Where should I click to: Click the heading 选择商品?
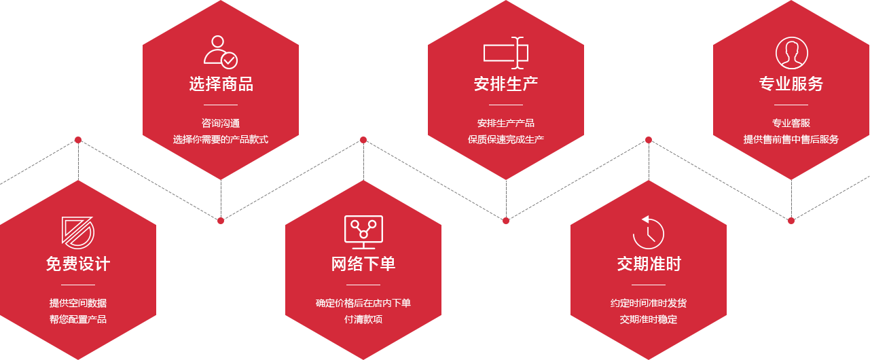pos(221,84)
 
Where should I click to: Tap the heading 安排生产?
pos(506,84)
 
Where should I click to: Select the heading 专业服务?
pos(791,84)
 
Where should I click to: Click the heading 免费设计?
pos(78,264)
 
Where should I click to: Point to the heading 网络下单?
pos(363,264)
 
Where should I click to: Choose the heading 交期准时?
pos(649,264)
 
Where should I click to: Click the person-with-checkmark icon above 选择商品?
pos(221,52)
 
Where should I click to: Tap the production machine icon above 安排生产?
pos(506,52)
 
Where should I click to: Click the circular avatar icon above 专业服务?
pos(791,52)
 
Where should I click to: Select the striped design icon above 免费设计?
pos(78,232)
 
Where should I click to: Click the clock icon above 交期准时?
pos(649,232)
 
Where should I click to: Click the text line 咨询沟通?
pos(221,124)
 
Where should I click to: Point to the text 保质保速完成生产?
pos(506,140)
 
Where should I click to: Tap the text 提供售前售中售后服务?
pos(791,140)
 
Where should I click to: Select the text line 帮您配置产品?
pos(78,319)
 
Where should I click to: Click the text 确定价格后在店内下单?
pos(363,303)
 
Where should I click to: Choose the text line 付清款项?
pos(363,319)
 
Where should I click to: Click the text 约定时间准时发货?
pos(649,303)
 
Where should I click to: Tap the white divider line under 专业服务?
pos(791,105)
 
